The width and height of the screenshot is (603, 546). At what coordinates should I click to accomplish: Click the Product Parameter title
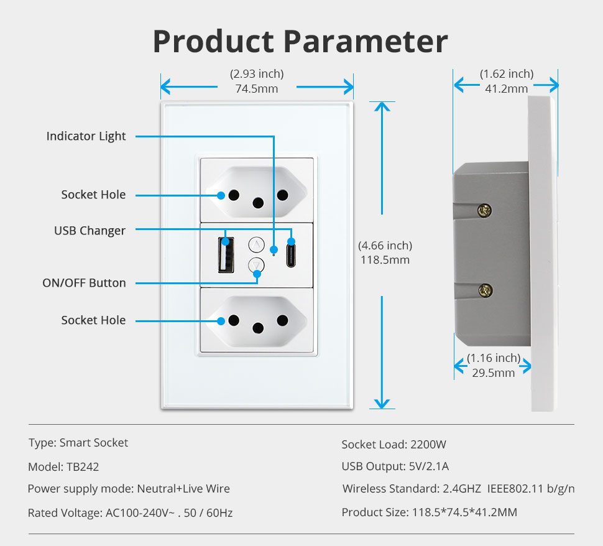coord(300,42)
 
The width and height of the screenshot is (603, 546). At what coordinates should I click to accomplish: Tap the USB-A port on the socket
coord(225,254)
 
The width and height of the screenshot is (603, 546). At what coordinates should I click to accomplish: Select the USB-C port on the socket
coord(290,254)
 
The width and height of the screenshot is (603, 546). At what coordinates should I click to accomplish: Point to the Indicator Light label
coord(86,136)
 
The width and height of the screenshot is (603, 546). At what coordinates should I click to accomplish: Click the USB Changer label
coord(90,231)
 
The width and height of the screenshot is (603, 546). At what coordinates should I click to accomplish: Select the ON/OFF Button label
coord(84,283)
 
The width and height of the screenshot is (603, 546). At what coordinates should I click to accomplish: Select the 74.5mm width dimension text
coord(257,89)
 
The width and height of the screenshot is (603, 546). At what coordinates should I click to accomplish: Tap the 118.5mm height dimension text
coord(385,260)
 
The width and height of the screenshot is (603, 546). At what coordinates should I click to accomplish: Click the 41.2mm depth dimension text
coord(506,89)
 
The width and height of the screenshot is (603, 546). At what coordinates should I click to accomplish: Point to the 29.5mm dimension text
coord(494,373)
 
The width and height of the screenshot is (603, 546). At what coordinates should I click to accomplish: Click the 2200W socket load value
coord(428,445)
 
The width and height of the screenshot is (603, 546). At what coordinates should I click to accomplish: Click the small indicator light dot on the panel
coord(274,254)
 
